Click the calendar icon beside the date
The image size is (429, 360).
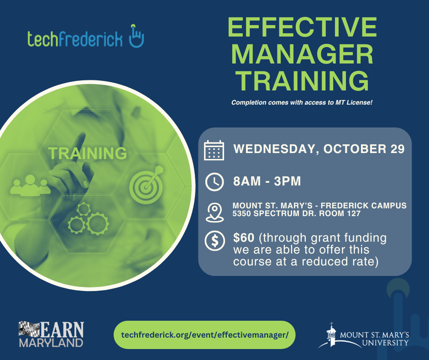pyautogui.click(x=214, y=150)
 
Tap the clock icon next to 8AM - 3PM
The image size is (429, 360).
pyautogui.click(x=214, y=182)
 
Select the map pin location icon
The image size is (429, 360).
pyautogui.click(x=215, y=212)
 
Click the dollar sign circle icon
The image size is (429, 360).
pyautogui.click(x=215, y=241)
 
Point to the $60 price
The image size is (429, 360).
pyautogui.click(x=244, y=238)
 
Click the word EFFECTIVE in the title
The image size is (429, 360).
pyautogui.click(x=302, y=27)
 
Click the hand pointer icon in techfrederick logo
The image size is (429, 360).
pyautogui.click(x=136, y=36)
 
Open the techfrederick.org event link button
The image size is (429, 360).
pyautogui.click(x=204, y=335)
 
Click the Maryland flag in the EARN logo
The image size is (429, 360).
pyautogui.click(x=29, y=329)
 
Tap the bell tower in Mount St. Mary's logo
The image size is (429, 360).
pyautogui.click(x=332, y=335)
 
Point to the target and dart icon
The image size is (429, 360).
pyautogui.click(x=146, y=185)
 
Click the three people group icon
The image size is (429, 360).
pyautogui.click(x=30, y=185)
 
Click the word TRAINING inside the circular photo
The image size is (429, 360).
pyautogui.click(x=88, y=153)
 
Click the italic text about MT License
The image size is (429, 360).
pyautogui.click(x=302, y=102)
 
